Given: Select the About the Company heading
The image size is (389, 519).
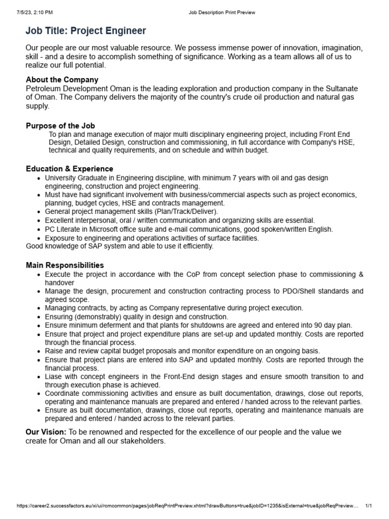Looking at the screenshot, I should tap(62, 80).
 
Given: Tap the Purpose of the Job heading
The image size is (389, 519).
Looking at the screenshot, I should tap(60, 126).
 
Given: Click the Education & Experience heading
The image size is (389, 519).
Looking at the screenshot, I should tap(69, 169).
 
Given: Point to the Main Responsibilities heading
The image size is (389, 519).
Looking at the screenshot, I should tap(65, 265).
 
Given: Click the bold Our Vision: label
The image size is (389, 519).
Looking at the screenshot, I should tap(46, 432).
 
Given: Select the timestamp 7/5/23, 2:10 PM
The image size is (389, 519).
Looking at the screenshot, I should tap(34, 12).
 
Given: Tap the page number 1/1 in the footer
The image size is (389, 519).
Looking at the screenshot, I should tap(369, 506).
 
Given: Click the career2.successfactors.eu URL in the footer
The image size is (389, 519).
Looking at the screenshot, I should tap(187, 506).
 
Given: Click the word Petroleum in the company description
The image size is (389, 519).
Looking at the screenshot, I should tap(43, 88).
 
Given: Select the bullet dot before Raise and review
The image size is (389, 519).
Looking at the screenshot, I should tap(40, 351).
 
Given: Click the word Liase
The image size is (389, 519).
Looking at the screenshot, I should tap(54, 377).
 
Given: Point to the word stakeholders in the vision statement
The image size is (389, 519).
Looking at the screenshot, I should tap(140, 441).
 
